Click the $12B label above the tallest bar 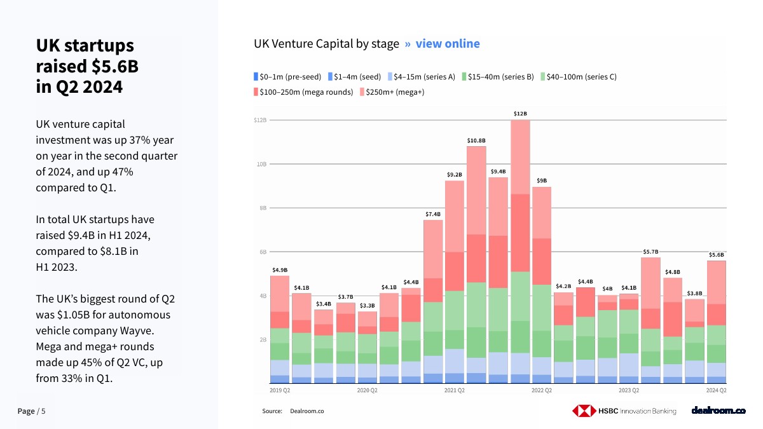520,114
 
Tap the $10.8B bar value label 476,140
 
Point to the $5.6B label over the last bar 716,255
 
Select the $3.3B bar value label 368,306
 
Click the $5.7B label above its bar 650,252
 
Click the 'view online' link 448,44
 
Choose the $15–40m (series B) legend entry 500,77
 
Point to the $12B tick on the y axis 260,120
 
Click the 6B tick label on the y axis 262,252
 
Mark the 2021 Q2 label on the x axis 454,390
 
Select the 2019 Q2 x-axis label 280,390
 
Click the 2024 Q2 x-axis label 716,390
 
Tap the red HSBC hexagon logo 582,411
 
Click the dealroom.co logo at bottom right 718,411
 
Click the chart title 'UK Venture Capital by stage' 326,44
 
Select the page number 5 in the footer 43,411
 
